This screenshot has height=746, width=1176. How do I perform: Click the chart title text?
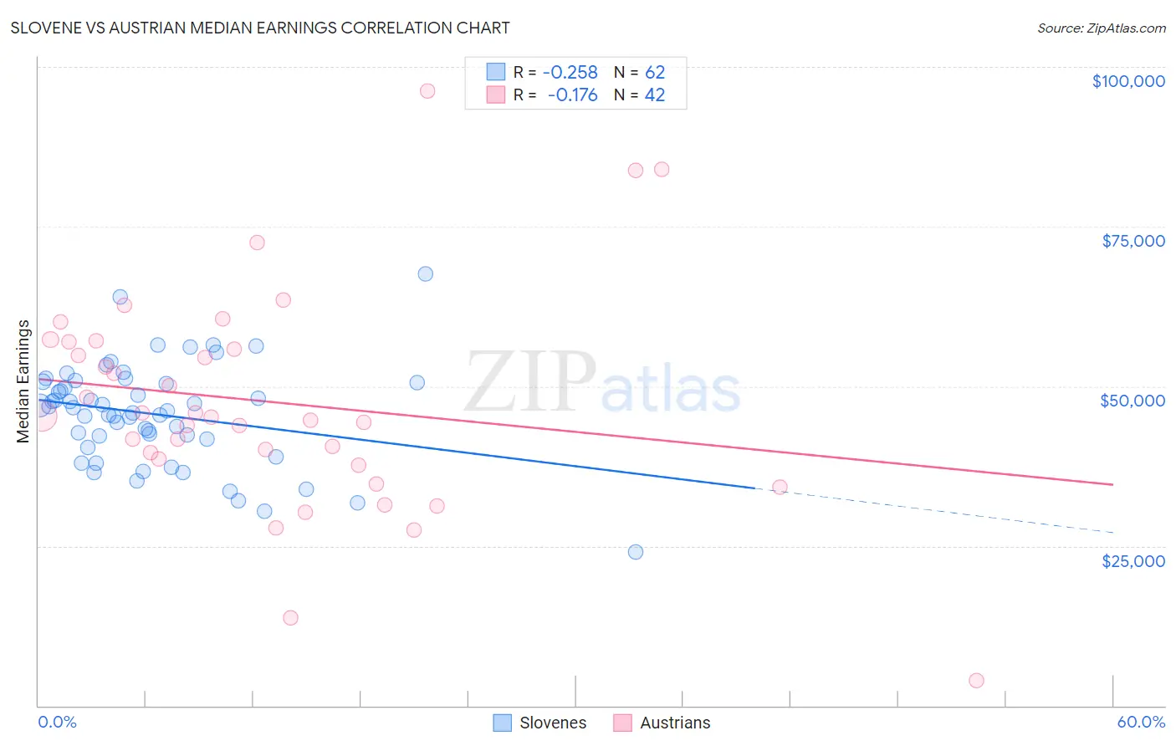click(260, 28)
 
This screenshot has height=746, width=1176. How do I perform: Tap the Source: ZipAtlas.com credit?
click(1101, 28)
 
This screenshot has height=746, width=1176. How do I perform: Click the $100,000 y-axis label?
click(1127, 81)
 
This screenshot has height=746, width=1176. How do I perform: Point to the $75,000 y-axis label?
click(1133, 241)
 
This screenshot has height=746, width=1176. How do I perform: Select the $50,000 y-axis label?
click(1132, 401)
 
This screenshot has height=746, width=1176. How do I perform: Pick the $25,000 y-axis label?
click(1133, 560)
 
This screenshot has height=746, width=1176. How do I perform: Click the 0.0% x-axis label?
click(57, 722)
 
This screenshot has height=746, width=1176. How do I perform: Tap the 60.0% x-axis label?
click(1140, 722)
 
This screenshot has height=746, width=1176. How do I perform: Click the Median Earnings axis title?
click(23, 381)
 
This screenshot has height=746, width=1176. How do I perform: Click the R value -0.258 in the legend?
click(570, 73)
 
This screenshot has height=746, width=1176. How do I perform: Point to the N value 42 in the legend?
click(654, 95)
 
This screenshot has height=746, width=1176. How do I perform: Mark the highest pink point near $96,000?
click(427, 91)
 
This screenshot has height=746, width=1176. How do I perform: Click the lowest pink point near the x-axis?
click(976, 681)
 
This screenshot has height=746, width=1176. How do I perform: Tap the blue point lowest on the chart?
click(636, 552)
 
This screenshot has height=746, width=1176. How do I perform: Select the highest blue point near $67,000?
click(426, 273)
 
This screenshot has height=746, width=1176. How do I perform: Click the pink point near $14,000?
click(290, 618)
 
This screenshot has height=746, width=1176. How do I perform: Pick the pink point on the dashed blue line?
click(780, 487)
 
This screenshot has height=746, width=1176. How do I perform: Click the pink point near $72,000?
click(257, 243)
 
